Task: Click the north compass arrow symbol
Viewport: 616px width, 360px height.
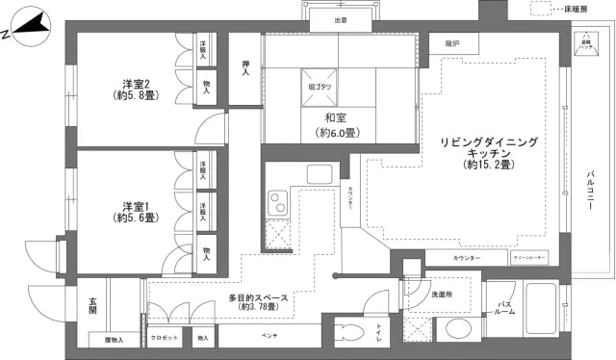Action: [29, 28]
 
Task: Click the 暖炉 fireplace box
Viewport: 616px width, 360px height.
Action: [452, 44]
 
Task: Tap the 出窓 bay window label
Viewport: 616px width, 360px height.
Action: [341, 19]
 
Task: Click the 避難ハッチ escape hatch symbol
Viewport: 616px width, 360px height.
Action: [585, 45]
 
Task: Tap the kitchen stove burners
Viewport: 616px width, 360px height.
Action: [279, 203]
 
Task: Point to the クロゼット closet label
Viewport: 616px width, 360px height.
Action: [165, 339]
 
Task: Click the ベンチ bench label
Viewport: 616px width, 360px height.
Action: [269, 339]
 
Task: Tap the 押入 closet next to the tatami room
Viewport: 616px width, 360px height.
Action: [244, 67]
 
